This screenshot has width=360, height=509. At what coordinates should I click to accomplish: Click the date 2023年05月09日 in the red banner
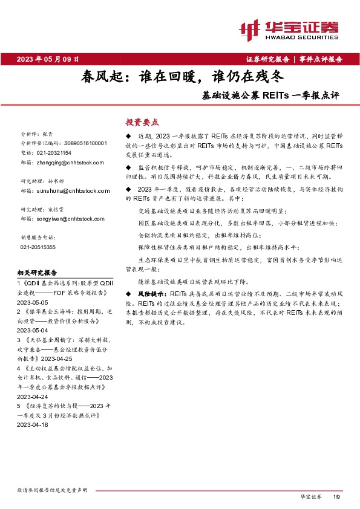48,59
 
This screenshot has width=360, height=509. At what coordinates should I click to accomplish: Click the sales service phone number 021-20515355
38,247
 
